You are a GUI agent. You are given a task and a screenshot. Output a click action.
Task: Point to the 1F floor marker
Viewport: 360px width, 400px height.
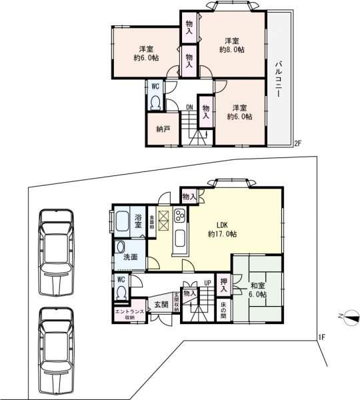click(x=321, y=337)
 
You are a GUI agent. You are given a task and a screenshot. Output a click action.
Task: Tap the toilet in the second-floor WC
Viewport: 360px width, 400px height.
click(x=155, y=102)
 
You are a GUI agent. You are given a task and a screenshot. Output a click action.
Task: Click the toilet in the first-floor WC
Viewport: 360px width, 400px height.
click(x=121, y=292)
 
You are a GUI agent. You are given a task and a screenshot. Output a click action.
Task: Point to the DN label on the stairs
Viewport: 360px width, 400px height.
click(x=189, y=107)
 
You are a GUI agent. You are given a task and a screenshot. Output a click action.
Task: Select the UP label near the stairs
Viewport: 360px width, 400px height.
click(x=207, y=283)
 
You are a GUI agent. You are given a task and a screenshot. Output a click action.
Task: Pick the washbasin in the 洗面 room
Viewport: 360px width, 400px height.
click(x=120, y=247)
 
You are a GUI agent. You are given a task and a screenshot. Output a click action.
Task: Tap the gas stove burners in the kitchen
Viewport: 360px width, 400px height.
click(x=180, y=215)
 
